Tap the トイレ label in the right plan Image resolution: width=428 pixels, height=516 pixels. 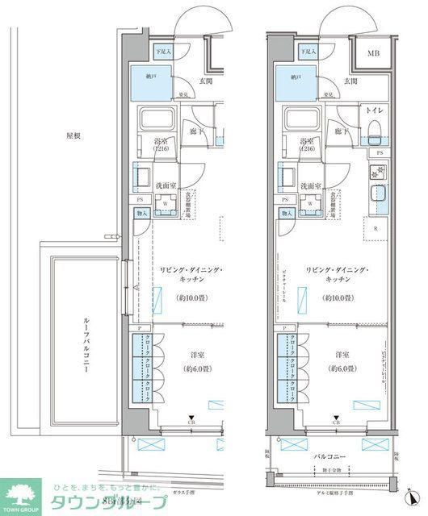pyautogui.click(x=374, y=108)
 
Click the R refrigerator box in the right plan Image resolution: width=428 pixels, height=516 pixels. pyautogui.click(x=376, y=227)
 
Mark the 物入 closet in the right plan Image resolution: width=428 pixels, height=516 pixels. pyautogui.click(x=284, y=213)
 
